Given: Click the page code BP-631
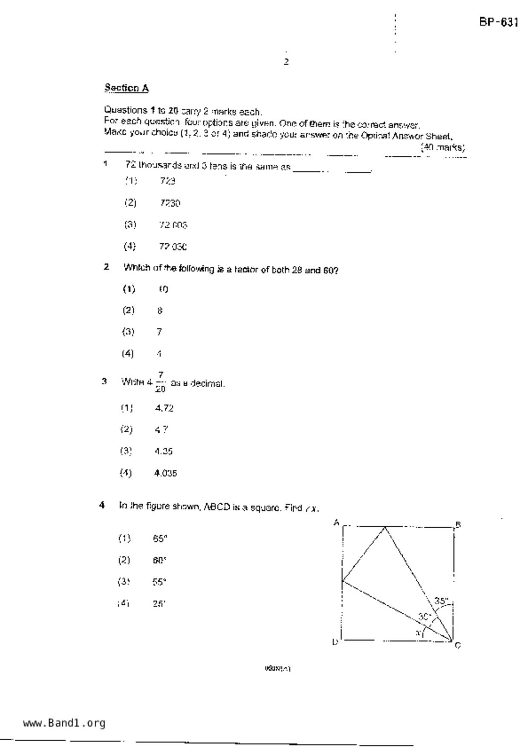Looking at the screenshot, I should pyautogui.click(x=498, y=23).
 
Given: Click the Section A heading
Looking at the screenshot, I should pyautogui.click(x=127, y=88).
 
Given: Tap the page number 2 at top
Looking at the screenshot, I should pyautogui.click(x=286, y=62).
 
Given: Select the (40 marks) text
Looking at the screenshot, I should pyautogui.click(x=443, y=148).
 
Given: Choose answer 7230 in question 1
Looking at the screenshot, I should pyautogui.click(x=170, y=203).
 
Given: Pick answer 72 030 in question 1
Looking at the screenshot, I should pyautogui.click(x=173, y=247).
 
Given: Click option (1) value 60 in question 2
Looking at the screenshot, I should pyautogui.click(x=164, y=289).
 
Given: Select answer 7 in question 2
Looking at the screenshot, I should pyautogui.click(x=159, y=332).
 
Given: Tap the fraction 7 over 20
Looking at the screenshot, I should pyautogui.click(x=160, y=382).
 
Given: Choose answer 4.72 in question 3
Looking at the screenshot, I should pyautogui.click(x=164, y=408).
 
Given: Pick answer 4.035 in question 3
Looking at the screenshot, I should pyautogui.click(x=165, y=473).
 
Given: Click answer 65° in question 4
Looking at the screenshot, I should pyautogui.click(x=159, y=539).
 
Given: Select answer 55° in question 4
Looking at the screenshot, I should pyautogui.click(x=159, y=582).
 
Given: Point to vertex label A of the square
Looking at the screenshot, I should pyautogui.click(x=336, y=523).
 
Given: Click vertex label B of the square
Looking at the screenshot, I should pyautogui.click(x=459, y=525).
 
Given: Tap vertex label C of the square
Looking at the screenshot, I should pyautogui.click(x=458, y=645).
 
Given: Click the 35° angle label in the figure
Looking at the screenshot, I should pyautogui.click(x=441, y=601).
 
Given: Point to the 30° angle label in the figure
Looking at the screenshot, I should pyautogui.click(x=424, y=616).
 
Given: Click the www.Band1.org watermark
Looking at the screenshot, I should pyautogui.click(x=64, y=723).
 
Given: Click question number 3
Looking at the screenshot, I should pyautogui.click(x=104, y=381).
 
